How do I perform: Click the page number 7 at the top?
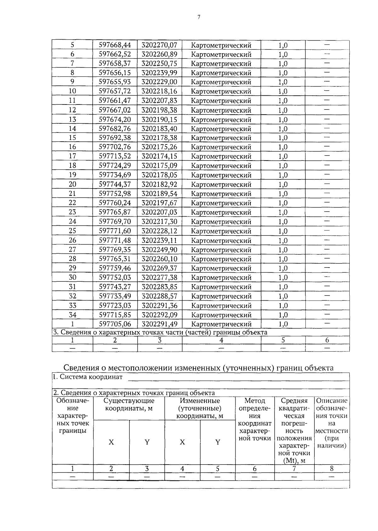pyautogui.click(x=199, y=18)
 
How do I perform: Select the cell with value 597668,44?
pyautogui.click(x=115, y=45)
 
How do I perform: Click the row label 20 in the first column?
pyautogui.click(x=72, y=184)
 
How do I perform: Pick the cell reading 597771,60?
pyautogui.click(x=115, y=231)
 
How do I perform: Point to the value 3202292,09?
pyautogui.click(x=159, y=315)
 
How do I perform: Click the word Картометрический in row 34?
pyautogui.click(x=221, y=315)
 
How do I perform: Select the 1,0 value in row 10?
pyautogui.click(x=283, y=91)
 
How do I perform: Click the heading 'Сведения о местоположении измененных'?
pyautogui.click(x=198, y=368)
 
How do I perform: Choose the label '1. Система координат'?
pyautogui.click(x=88, y=377)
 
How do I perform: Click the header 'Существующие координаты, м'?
pyautogui.click(x=129, y=405)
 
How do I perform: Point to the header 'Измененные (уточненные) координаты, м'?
pyautogui.click(x=200, y=408)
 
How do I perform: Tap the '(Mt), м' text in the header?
pyautogui.click(x=294, y=460)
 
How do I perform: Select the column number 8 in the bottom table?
pyautogui.click(x=331, y=468)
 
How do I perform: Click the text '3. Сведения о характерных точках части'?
pyautogui.click(x=160, y=332)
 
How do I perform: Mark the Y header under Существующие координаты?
pyautogui.click(x=147, y=442)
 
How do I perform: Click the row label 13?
pyautogui.click(x=72, y=119)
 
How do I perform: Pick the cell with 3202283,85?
pyautogui.click(x=159, y=287)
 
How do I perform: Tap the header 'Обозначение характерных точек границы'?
pyautogui.click(x=72, y=415)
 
